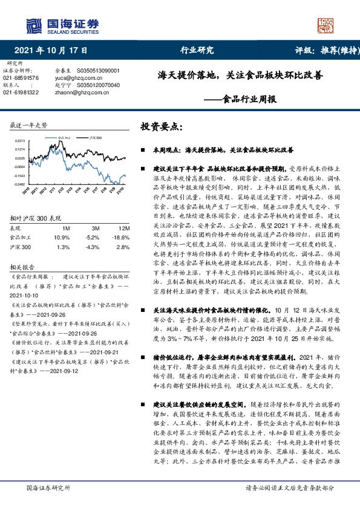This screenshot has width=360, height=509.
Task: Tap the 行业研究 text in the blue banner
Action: [197, 51]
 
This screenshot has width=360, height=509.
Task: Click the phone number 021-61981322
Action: [21, 92]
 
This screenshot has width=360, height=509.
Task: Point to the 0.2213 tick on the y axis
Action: [19, 140]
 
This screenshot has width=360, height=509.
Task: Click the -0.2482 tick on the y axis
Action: [19, 184]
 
